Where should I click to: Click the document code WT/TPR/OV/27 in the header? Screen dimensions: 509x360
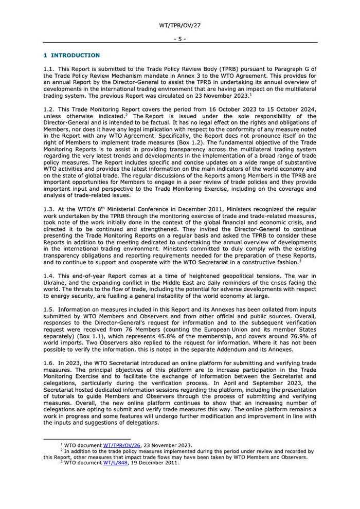pyautogui.click(x=180, y=25)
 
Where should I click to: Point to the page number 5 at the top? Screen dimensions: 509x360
pyautogui.click(x=180, y=39)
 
